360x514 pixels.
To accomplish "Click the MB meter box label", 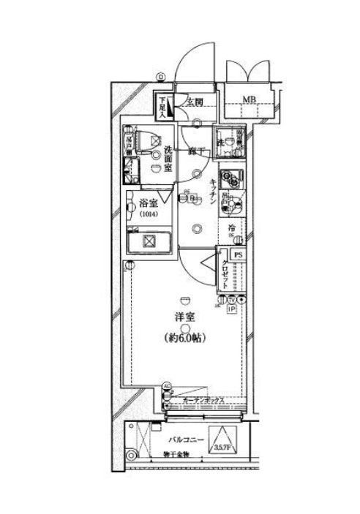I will click(249, 100).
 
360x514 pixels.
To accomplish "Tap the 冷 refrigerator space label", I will click(231, 228).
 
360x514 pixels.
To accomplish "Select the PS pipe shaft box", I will click(238, 254).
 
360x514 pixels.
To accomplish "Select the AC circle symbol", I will click(165, 388).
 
